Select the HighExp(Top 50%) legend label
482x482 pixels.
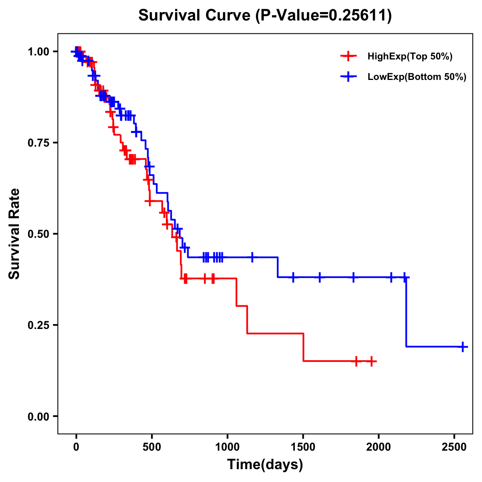(410, 57)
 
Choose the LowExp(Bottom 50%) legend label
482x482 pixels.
(417, 77)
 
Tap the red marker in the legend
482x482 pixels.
(348, 56)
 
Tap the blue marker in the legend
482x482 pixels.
(348, 77)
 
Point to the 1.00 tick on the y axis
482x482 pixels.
(38, 52)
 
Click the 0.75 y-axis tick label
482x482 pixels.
(38, 143)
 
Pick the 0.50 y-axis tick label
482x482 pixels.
(38, 234)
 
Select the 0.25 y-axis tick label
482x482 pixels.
(38, 325)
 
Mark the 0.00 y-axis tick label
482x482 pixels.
(38, 416)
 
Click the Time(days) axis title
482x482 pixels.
(265, 465)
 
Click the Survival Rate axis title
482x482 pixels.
(14, 233)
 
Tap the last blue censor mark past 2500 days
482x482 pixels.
(463, 347)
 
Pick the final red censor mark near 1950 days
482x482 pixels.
(372, 361)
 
